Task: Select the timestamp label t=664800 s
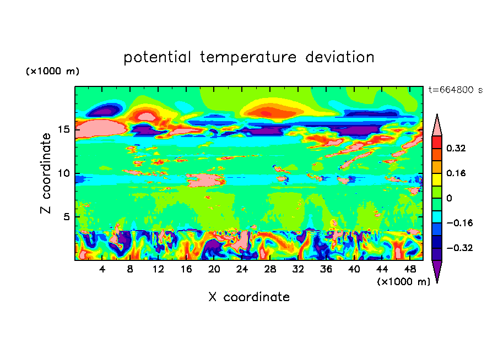pos(455,90)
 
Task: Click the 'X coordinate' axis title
pos(249,297)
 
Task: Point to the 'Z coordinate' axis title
pos(46,173)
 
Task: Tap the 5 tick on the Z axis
pos(65,217)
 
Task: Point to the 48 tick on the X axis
pos(409,269)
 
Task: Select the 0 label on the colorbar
pos(448,198)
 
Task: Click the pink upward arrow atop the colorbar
pos(437,125)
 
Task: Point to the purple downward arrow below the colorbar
pos(437,271)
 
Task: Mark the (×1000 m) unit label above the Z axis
pos(52,72)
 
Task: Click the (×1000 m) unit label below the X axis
pos(403,282)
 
